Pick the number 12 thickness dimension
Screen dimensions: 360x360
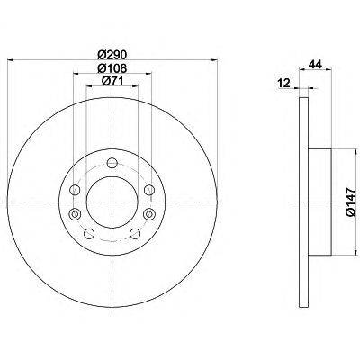pos(284,84)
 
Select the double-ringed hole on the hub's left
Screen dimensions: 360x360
pos(74,213)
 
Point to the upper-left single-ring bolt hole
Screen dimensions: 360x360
pos(76,190)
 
